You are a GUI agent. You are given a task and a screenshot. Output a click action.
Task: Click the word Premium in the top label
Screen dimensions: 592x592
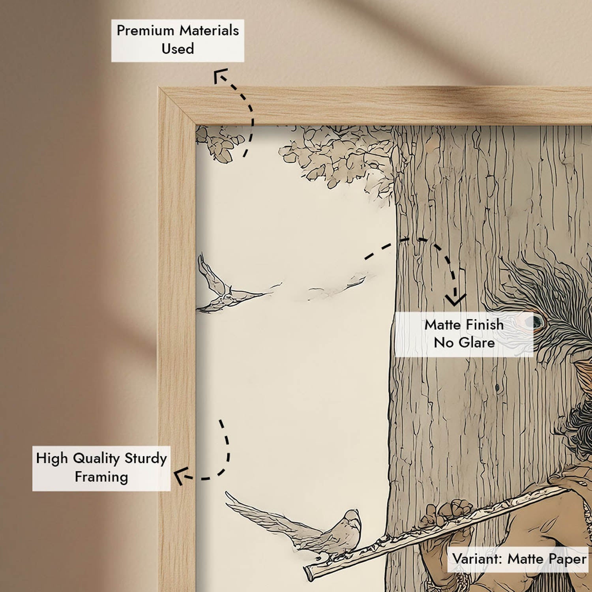(145, 30)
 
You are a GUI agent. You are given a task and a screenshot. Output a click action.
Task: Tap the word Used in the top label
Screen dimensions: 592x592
(178, 49)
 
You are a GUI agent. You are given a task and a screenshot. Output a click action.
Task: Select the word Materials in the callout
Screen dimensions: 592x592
(209, 30)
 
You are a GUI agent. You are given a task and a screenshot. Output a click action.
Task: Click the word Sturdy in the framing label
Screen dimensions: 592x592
(146, 458)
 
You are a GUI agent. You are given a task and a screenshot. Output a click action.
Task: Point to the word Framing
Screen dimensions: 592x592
(101, 477)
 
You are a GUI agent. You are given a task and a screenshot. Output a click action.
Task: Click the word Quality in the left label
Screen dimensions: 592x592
(96, 458)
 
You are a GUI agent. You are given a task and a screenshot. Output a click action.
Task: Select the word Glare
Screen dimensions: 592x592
(476, 343)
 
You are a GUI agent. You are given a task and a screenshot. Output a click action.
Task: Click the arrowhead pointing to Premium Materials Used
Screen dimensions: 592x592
(220, 75)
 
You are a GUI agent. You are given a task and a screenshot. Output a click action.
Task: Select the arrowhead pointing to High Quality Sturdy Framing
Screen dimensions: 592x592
(181, 475)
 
